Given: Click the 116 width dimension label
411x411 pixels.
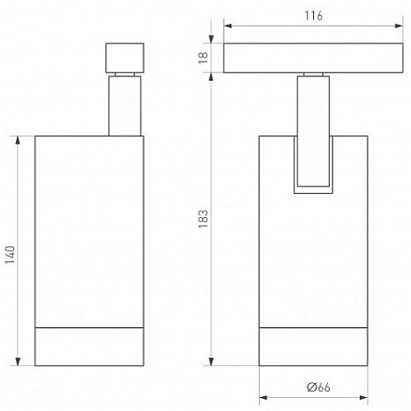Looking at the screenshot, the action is pos(313,16).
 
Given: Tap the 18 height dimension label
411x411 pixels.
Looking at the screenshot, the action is pos(203,58).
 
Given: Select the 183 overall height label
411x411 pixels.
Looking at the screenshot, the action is pos(203,219).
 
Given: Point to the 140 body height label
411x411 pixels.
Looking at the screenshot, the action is pos(10,255).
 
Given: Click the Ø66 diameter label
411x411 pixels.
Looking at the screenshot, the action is pos(318,387).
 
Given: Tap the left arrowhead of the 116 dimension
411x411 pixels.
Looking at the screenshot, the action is pos(228,25).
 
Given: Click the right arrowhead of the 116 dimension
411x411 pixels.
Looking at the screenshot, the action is pos(399,25).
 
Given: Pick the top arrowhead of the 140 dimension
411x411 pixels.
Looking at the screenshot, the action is pos(18,140).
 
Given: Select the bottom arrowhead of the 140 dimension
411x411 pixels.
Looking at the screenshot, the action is pos(18,362).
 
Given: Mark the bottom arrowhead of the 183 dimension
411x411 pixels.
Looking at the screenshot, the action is pos(211,362).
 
